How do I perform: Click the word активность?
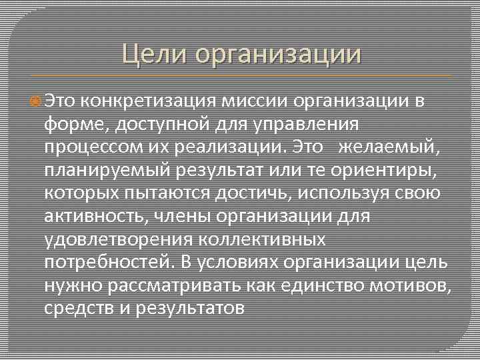[93, 217]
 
